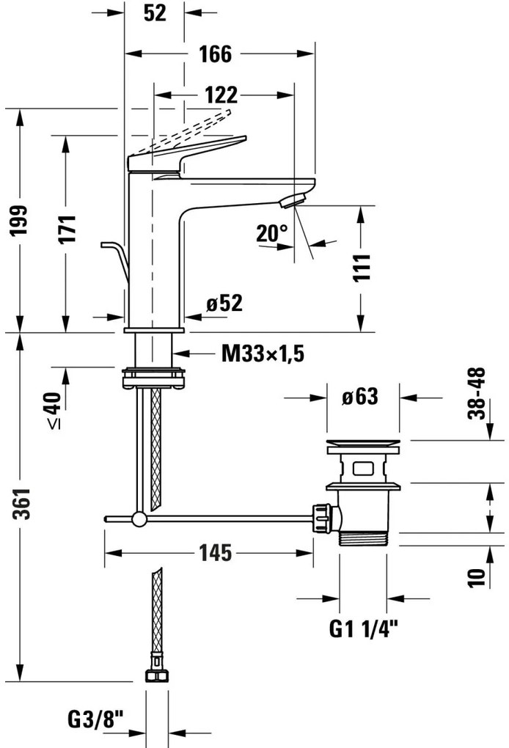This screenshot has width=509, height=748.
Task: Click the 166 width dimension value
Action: point(214,54)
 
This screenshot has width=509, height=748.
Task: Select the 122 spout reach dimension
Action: point(221,95)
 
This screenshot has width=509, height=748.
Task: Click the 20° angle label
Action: point(272,233)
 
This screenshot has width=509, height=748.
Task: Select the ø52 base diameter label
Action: point(224,303)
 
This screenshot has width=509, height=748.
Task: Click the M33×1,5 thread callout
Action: point(263,355)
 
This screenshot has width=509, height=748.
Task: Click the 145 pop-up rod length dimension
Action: point(213,552)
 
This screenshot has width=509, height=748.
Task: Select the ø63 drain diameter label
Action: point(359,397)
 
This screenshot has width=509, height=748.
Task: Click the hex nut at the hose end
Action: point(155,677)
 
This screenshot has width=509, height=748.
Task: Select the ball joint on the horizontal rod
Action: point(138,520)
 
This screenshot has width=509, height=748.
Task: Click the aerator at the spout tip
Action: point(296,200)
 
